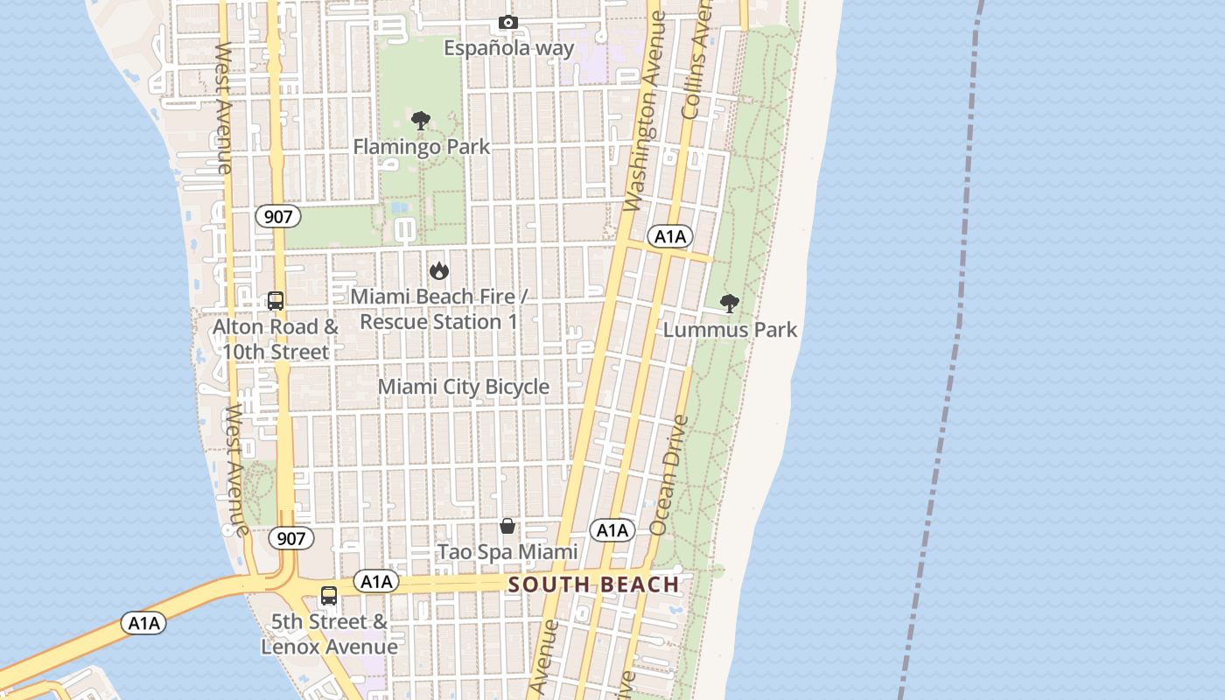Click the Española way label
tap(508, 47)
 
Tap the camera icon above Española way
tap(507, 22)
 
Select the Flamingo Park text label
tap(421, 146)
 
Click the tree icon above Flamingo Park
tap(421, 121)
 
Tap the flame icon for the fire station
tap(438, 271)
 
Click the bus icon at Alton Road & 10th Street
tap(276, 301)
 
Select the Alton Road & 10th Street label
tap(276, 339)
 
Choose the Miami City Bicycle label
tap(464, 387)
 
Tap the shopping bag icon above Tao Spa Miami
tap(507, 526)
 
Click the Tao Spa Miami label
tap(507, 551)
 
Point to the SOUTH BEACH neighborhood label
tap(593, 584)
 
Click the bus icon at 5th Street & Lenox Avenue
tap(329, 596)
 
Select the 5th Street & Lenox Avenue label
tap(329, 634)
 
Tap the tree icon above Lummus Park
tap(729, 304)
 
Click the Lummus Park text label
tap(730, 330)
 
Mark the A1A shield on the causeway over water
tap(143, 623)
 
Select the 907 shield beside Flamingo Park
tap(277, 216)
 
